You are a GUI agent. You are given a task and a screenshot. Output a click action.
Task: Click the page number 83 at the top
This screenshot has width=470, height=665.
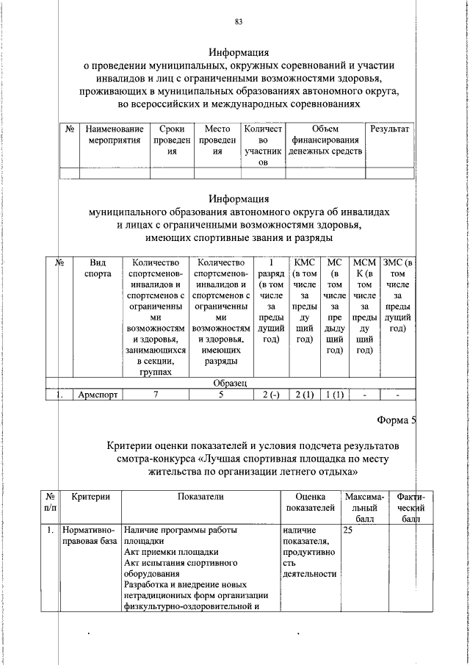point(239,21)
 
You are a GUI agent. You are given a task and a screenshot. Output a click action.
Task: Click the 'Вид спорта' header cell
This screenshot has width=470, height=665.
point(98,267)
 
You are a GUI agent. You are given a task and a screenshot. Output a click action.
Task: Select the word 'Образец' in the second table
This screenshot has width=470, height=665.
point(234,383)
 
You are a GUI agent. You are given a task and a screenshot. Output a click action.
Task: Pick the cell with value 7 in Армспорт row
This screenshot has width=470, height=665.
point(155,395)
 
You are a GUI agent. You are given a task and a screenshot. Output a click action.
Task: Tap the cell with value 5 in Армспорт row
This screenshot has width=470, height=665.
point(220,395)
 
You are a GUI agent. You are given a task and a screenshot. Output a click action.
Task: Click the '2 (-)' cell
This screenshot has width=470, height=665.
point(271,395)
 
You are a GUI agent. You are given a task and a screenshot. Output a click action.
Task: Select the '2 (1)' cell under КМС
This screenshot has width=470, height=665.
point(304,395)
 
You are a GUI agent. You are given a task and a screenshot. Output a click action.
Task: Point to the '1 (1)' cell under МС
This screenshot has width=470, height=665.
point(335,395)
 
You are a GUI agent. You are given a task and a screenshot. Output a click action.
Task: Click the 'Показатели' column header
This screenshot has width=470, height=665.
point(200,497)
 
